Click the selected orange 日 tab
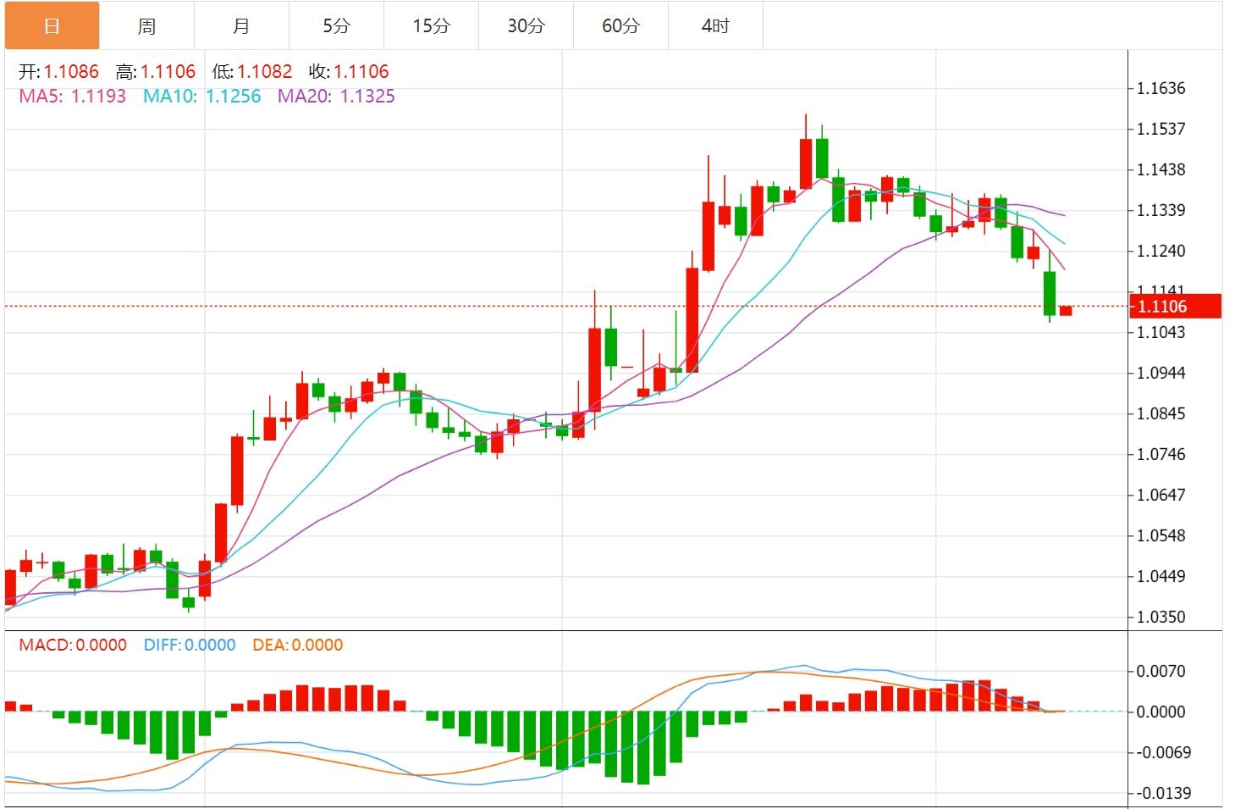[52, 26]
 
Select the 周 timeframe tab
[146, 26]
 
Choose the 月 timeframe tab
[241, 26]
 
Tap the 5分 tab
[336, 26]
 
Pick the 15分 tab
[431, 26]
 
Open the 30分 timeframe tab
[526, 26]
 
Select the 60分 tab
[620, 26]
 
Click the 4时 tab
[715, 26]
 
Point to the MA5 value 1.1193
[98, 97]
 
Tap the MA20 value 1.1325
[367, 97]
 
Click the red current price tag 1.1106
[1174, 307]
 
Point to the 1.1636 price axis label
[1161, 88]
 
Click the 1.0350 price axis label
[1161, 617]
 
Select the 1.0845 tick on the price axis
[1161, 413]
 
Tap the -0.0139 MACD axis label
[1162, 793]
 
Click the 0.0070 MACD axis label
[1161, 671]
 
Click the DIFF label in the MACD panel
[162, 645]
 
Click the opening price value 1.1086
[71, 72]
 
